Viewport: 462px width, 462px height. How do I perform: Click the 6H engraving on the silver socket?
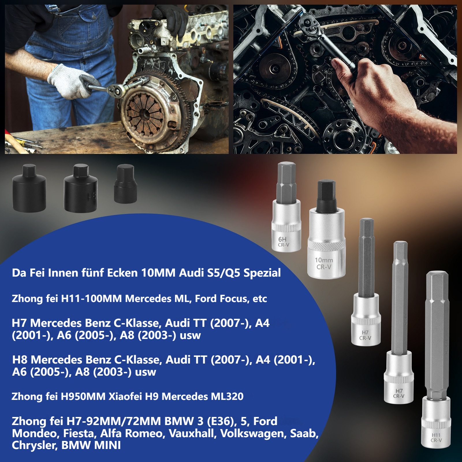point(282,239)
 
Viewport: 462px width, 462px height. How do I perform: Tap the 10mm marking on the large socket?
point(324,260)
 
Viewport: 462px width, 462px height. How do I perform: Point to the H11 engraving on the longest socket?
point(436,435)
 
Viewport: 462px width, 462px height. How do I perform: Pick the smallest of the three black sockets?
point(125,184)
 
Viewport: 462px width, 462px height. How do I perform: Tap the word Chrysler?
point(35,446)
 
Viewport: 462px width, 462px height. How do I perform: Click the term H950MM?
point(83,396)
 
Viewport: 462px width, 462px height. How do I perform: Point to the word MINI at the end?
point(107,446)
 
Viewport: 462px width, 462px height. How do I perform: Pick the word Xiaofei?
point(125,396)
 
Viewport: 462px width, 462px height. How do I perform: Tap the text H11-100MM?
point(91,299)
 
